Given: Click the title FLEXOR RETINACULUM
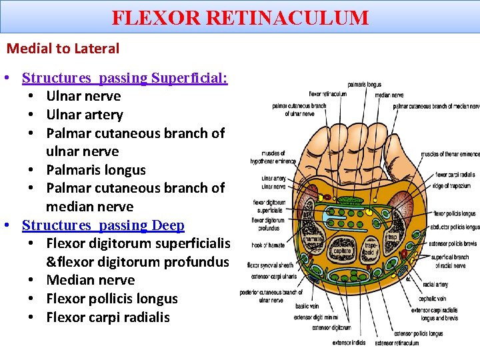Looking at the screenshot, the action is click(x=240, y=17).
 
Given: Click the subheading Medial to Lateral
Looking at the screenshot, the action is click(x=63, y=49).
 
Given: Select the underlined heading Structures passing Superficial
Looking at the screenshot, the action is click(x=125, y=78).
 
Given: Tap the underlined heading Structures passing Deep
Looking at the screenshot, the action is click(x=103, y=225).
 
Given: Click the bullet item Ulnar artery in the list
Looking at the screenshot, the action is click(x=85, y=115).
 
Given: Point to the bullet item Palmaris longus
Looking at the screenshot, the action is click(x=96, y=170).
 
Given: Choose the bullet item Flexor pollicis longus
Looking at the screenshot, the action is click(x=112, y=299).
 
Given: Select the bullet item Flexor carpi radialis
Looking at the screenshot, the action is click(x=108, y=317).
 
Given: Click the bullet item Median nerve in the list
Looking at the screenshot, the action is click(x=90, y=280).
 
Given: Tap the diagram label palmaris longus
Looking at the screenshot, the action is click(x=365, y=85).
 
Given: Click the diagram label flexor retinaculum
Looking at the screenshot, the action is click(x=328, y=94).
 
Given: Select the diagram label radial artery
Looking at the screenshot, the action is click(x=434, y=285).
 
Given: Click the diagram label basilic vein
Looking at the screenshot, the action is click(x=308, y=306).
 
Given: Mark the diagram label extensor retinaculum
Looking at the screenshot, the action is click(x=397, y=343).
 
